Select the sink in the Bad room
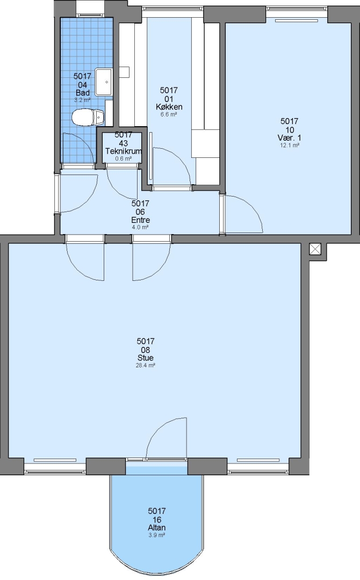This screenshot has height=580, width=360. click(104, 82)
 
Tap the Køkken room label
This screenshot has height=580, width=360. click(169, 107)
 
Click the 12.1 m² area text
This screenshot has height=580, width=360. click(290, 146)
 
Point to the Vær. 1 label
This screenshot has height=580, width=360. click(289, 137)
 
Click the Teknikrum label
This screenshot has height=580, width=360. click(124, 151)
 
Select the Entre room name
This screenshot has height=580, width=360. click(140, 220)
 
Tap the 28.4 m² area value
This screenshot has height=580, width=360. click(146, 366)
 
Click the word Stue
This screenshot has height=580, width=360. click(146, 358)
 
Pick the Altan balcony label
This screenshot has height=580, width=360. click(156, 527)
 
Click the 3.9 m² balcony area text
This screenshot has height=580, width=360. click(156, 535)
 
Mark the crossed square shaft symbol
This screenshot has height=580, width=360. click(315, 249)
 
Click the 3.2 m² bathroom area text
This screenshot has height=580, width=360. click(82, 100)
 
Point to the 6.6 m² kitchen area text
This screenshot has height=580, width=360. click(169, 114)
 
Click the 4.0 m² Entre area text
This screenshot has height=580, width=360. click(140, 228)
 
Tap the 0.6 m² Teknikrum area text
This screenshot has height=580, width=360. click(124, 158)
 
